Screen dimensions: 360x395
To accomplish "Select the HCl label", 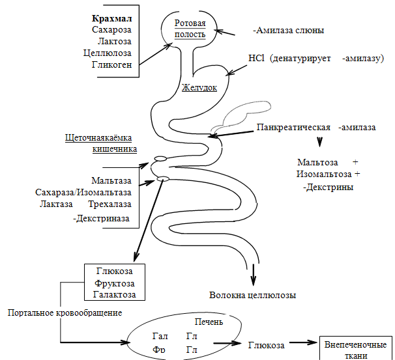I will tap(255, 57).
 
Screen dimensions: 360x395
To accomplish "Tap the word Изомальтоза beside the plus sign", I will tap(324, 174).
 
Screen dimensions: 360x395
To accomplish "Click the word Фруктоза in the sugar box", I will tap(115, 284).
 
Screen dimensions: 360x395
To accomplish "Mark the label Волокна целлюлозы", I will tap(252, 295).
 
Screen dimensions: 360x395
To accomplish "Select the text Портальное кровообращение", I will tap(65, 313).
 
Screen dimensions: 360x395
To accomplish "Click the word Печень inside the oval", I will tap(209, 322).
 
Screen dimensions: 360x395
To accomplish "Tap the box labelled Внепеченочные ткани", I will tap(355, 350).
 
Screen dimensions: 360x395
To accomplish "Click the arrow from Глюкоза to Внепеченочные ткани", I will tap(299, 345).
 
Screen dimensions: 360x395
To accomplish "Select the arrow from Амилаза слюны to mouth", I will tap(227, 31).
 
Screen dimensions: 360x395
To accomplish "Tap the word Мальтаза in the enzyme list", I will tap(111, 180).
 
